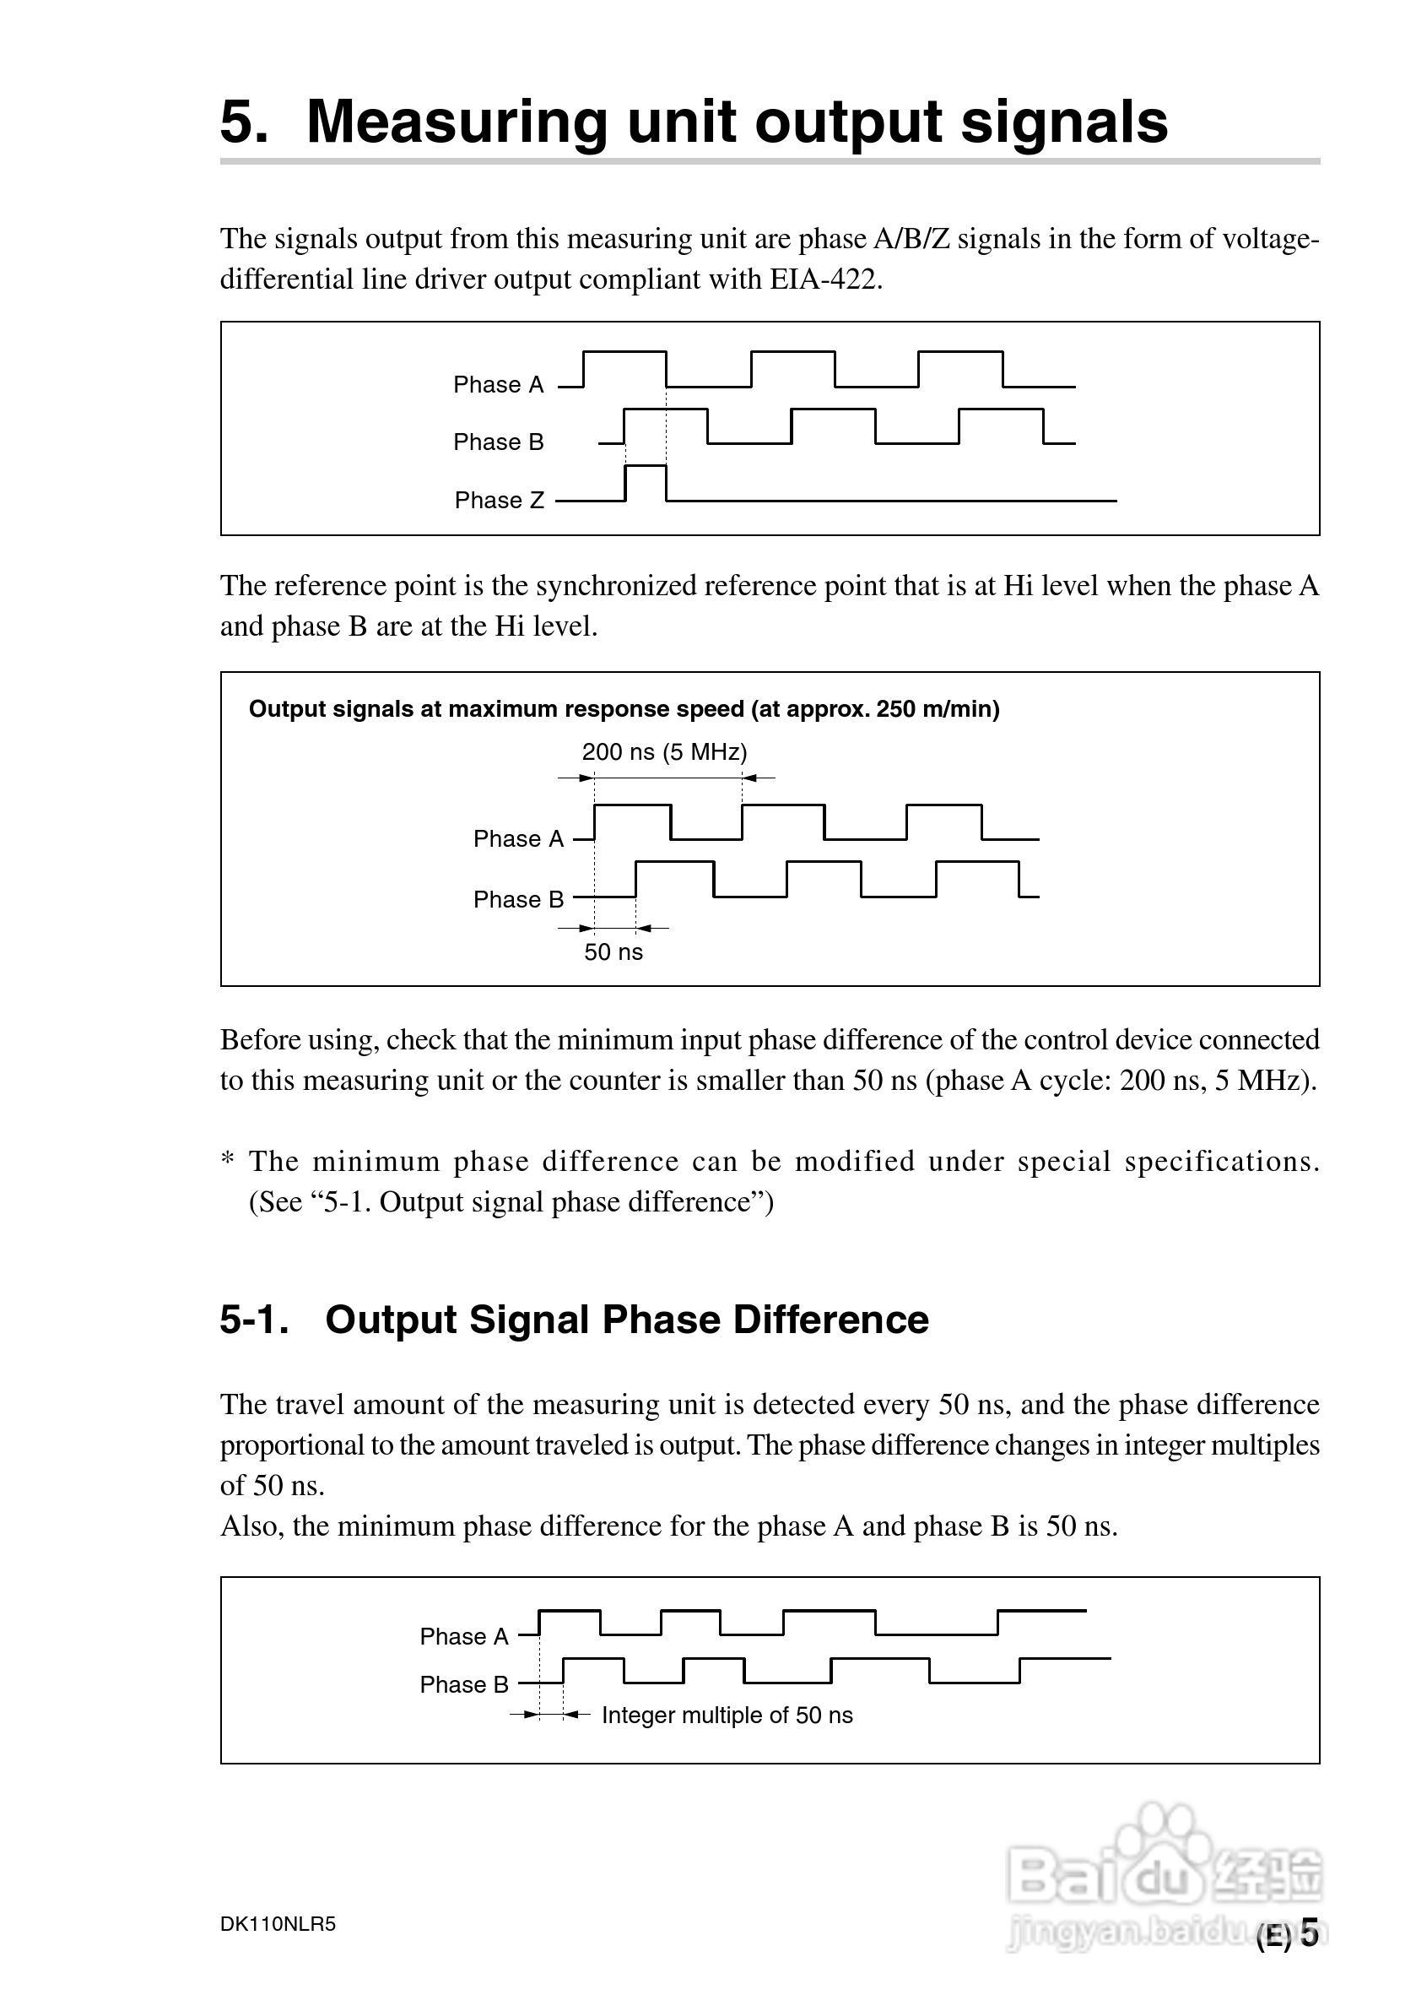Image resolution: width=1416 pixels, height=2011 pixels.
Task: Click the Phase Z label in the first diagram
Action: point(500,500)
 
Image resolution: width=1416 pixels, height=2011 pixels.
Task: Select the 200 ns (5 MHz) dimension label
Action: point(664,752)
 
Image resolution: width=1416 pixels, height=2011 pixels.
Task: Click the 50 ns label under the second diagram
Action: point(613,953)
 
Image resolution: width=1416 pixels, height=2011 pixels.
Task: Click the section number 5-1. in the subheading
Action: point(255,1320)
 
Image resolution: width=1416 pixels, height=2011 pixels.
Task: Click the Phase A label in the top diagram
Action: point(498,384)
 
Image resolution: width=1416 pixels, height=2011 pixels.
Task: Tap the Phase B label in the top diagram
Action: point(498,442)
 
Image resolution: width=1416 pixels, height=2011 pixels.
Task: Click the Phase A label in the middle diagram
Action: point(518,839)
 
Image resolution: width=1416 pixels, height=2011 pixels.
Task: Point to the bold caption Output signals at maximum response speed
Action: point(624,709)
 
